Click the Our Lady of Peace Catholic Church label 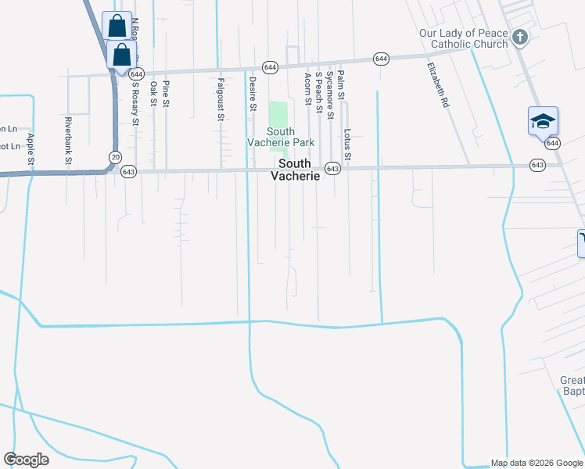tap(463, 38)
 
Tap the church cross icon tap(519, 36)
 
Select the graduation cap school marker tap(543, 121)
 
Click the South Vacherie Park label tap(281, 137)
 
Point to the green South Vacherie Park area tap(278, 113)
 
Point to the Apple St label tap(31, 149)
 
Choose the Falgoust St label tap(221, 99)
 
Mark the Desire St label tap(252, 94)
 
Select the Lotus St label tap(347, 145)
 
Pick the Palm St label tap(341, 84)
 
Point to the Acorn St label tap(308, 88)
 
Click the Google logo tap(26, 460)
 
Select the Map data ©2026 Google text tap(536, 463)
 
